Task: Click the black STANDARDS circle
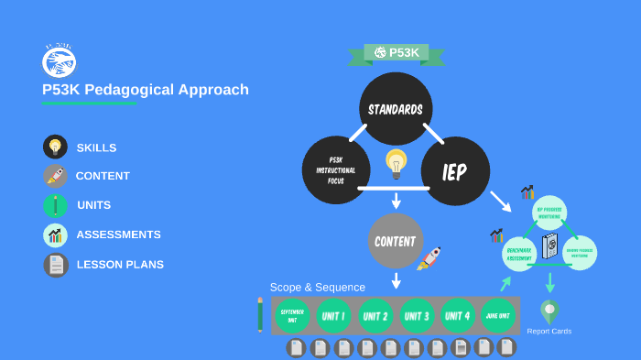click(396, 109)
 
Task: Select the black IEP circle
click(455, 171)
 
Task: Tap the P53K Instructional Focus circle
click(336, 170)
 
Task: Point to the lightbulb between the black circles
click(396, 163)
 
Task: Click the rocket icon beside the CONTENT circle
click(429, 258)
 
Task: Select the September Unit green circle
click(292, 315)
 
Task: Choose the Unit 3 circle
click(418, 316)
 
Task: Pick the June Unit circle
click(498, 316)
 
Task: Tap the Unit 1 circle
click(333, 316)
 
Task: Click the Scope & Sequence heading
click(317, 287)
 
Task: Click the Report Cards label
click(549, 331)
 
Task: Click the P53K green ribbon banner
click(396, 53)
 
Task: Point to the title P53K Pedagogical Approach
click(145, 90)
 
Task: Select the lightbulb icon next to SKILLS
click(55, 147)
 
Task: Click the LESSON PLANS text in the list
click(120, 265)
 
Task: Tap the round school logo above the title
click(60, 60)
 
